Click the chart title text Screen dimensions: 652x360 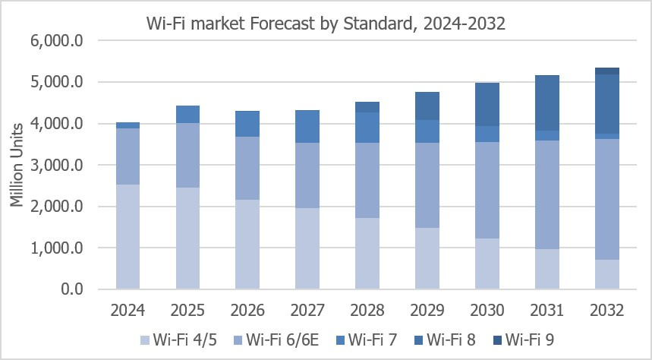pos(326,24)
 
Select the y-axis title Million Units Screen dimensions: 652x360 pos(17,165)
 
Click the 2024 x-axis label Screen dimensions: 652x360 pos(128,311)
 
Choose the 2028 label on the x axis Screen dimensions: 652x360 pos(367,311)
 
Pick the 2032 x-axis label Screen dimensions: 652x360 pos(606,311)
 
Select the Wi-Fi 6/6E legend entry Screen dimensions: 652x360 pos(276,340)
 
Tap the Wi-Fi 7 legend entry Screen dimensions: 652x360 pos(367,340)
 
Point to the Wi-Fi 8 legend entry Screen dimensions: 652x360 pos(445,340)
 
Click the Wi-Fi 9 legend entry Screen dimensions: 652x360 pos(524,340)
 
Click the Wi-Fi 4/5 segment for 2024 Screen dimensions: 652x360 pos(128,237)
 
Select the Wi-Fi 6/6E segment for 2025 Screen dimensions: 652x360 pos(187,155)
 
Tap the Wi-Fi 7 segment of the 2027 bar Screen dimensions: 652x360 pos(307,127)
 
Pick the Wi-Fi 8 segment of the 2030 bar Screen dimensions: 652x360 pos(487,105)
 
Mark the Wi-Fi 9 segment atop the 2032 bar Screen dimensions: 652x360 pos(606,71)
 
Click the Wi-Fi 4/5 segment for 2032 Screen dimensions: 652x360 pos(606,274)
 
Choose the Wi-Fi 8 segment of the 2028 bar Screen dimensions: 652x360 pos(367,107)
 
